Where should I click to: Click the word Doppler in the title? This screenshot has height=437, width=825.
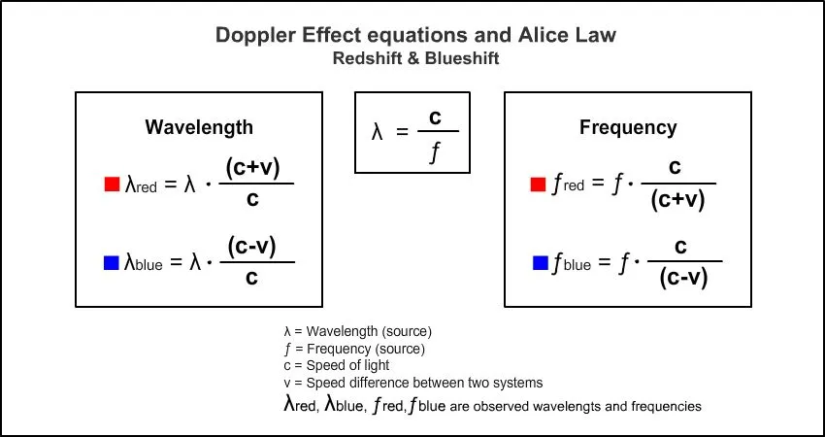251,37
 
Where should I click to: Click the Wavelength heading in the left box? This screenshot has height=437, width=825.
199,127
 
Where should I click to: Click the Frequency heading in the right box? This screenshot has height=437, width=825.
628,127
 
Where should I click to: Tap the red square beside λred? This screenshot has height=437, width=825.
111,184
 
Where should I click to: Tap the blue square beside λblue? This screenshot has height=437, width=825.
111,262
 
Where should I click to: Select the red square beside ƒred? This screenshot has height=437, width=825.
538,184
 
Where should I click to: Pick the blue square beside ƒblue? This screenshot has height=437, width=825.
541,262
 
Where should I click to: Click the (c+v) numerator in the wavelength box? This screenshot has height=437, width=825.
252,167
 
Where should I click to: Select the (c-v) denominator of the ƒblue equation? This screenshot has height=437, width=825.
683,279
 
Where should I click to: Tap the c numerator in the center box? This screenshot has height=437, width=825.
436,118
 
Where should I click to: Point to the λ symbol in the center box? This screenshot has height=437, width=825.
378,131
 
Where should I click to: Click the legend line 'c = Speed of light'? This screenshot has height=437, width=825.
336,365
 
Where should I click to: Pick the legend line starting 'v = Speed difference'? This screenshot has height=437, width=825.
412,383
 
